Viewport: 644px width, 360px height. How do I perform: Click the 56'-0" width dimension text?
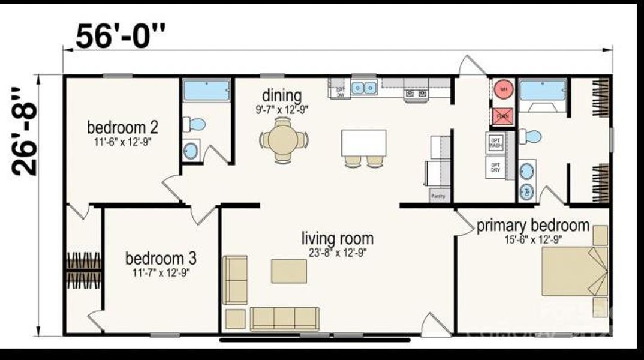point(119,37)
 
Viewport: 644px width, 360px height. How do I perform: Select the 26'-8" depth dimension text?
point(25,132)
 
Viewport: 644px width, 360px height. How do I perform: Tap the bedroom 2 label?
point(122,127)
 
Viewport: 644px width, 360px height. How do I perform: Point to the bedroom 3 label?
point(160,259)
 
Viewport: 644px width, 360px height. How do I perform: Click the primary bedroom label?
point(533,226)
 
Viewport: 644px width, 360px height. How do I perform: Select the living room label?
point(337,239)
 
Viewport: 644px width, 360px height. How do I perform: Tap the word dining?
point(281,95)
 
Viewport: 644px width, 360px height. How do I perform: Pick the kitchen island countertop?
point(363,143)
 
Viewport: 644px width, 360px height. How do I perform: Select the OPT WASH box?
point(495,143)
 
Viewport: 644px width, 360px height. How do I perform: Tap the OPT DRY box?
point(495,167)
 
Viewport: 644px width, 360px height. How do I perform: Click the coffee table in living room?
point(289,271)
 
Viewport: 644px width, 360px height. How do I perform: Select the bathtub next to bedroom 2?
point(206,90)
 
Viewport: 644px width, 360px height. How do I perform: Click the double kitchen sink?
point(364,88)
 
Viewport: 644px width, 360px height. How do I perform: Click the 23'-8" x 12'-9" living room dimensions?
point(337,252)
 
